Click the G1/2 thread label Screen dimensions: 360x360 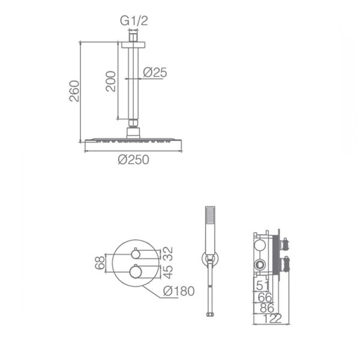[134, 21]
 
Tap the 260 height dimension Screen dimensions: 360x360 [74, 91]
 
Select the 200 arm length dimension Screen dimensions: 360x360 [110, 81]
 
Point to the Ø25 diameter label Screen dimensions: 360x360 [155, 73]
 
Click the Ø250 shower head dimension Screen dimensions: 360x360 [134, 160]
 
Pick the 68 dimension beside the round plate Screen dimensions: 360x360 [100, 263]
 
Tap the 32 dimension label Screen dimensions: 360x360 [168, 253]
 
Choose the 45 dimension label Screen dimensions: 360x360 [168, 272]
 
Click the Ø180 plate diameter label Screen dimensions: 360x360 [179, 291]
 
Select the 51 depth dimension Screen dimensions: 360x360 [263, 286]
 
